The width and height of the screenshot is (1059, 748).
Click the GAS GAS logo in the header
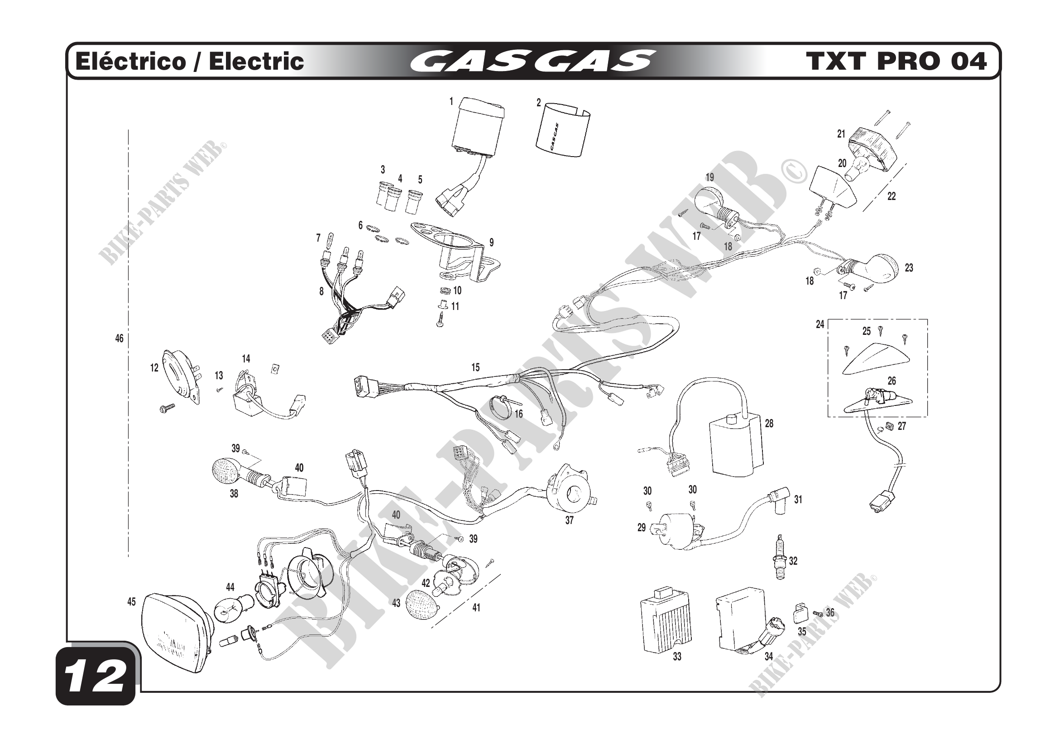point(532,61)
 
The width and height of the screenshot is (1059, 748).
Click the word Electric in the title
point(256,61)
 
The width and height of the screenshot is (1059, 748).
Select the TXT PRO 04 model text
point(896,61)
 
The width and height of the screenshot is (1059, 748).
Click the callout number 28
point(769,423)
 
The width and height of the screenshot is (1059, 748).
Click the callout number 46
point(119,338)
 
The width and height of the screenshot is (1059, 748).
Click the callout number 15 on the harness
point(475,367)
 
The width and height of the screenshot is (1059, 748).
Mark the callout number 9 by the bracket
point(491,243)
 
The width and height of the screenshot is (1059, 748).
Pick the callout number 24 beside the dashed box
point(819,324)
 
